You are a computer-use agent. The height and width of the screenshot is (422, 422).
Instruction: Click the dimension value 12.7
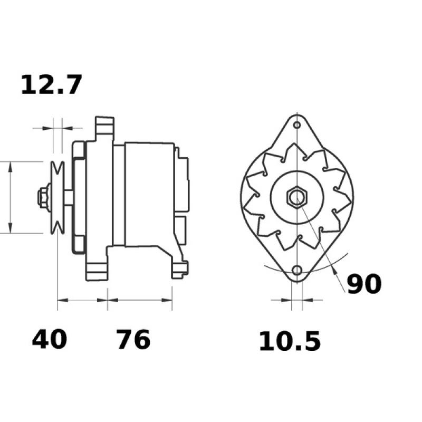click(x=51, y=85)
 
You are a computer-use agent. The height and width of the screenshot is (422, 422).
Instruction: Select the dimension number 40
click(x=49, y=339)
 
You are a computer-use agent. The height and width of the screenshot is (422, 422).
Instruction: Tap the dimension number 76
click(x=133, y=339)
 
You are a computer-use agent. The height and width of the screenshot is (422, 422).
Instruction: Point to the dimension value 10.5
click(x=290, y=341)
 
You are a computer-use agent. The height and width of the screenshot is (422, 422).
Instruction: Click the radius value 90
click(x=365, y=284)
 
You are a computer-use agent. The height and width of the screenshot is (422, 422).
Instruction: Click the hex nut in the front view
click(x=297, y=197)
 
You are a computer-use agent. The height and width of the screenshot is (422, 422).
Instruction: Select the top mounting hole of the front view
click(x=297, y=125)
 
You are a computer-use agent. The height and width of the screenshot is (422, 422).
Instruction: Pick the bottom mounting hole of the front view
click(x=297, y=270)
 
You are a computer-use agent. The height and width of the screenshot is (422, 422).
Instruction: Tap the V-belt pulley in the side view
click(x=57, y=197)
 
